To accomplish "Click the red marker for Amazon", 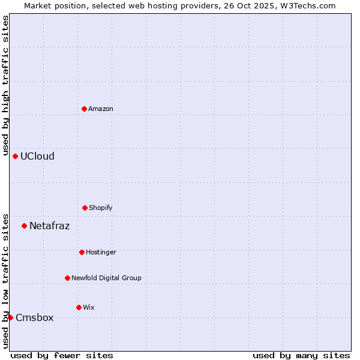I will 84,109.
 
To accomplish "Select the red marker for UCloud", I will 16,156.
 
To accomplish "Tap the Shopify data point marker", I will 85,208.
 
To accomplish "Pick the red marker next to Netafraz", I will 24,226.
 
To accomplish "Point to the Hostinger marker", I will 82,252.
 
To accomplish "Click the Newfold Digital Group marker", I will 67,278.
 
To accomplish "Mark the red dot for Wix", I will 79,307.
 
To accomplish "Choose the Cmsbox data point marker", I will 10,317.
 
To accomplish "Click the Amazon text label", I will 101,109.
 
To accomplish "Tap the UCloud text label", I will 37,156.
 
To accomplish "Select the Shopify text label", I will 101,208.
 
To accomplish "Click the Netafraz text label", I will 49,226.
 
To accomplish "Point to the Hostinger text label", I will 101,252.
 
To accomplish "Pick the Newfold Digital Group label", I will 106,278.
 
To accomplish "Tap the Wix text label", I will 89,307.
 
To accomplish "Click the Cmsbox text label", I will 34,317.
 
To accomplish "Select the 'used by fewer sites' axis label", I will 62,355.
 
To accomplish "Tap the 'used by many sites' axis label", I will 301,355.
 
